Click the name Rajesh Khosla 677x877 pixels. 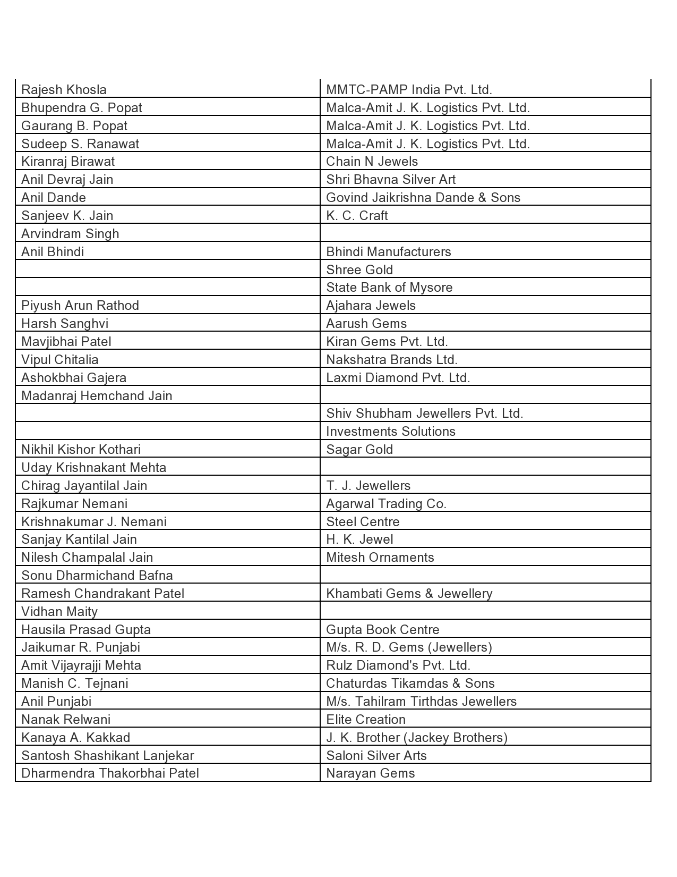point(64,90)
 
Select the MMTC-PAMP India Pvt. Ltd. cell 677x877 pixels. point(409,90)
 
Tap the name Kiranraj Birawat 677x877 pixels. point(68,162)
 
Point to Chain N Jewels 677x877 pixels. point(372,162)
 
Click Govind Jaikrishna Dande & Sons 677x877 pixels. point(423,198)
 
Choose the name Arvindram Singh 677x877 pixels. point(70,234)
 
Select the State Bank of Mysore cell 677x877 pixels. point(389,288)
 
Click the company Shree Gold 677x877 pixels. point(359,270)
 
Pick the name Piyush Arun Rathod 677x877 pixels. point(80,306)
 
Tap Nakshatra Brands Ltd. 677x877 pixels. point(392,360)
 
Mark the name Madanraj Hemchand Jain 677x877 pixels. point(97,396)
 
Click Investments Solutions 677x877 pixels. point(391,432)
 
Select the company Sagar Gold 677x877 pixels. point(359,450)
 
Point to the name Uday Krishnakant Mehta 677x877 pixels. point(93,468)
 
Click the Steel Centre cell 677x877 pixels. point(363,522)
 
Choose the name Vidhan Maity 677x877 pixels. point(59,612)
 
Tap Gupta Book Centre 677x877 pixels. point(383,630)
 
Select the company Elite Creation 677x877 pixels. point(366,720)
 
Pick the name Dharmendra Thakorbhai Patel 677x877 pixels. point(110,773)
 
